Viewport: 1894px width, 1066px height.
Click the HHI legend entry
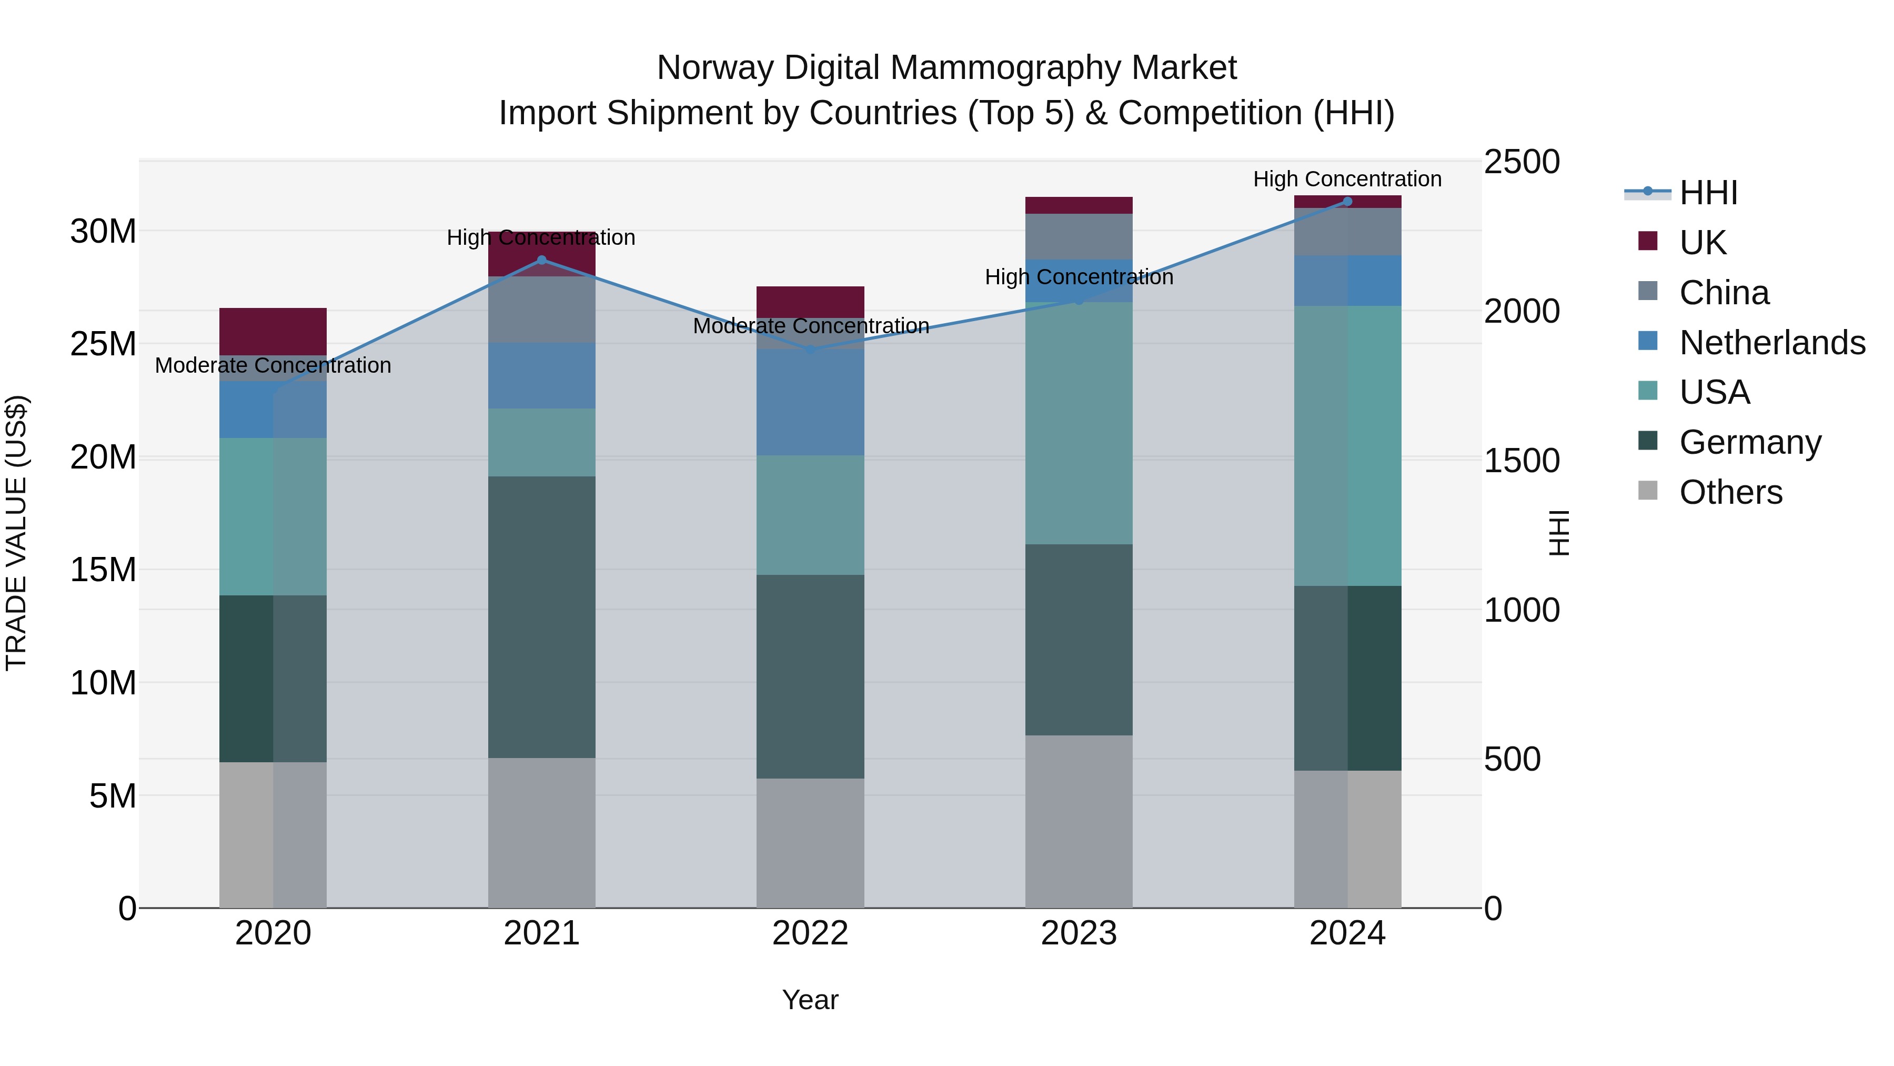click(x=1708, y=193)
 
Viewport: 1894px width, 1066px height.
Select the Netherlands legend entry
click(x=1772, y=342)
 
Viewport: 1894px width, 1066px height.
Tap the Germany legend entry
click(x=1750, y=442)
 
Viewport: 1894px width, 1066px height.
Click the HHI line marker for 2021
click(x=542, y=260)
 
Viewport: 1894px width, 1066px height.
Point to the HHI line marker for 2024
click(x=1347, y=201)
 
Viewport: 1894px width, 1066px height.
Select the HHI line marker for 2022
click(x=810, y=350)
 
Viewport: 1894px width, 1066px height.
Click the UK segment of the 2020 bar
click(x=273, y=331)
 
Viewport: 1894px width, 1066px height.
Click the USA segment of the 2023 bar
click(x=1079, y=423)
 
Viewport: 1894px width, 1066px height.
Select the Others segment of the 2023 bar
click(x=1079, y=821)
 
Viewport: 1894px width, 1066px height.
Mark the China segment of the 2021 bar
click(x=542, y=310)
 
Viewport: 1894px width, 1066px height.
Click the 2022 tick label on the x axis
click(x=810, y=933)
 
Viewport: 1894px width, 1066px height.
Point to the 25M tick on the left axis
click(x=103, y=344)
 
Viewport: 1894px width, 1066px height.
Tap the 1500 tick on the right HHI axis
click(x=1521, y=461)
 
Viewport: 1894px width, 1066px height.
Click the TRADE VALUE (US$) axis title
click(x=16, y=533)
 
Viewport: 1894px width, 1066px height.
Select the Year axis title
click(x=810, y=1000)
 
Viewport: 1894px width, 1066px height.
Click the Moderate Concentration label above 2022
click(x=810, y=325)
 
